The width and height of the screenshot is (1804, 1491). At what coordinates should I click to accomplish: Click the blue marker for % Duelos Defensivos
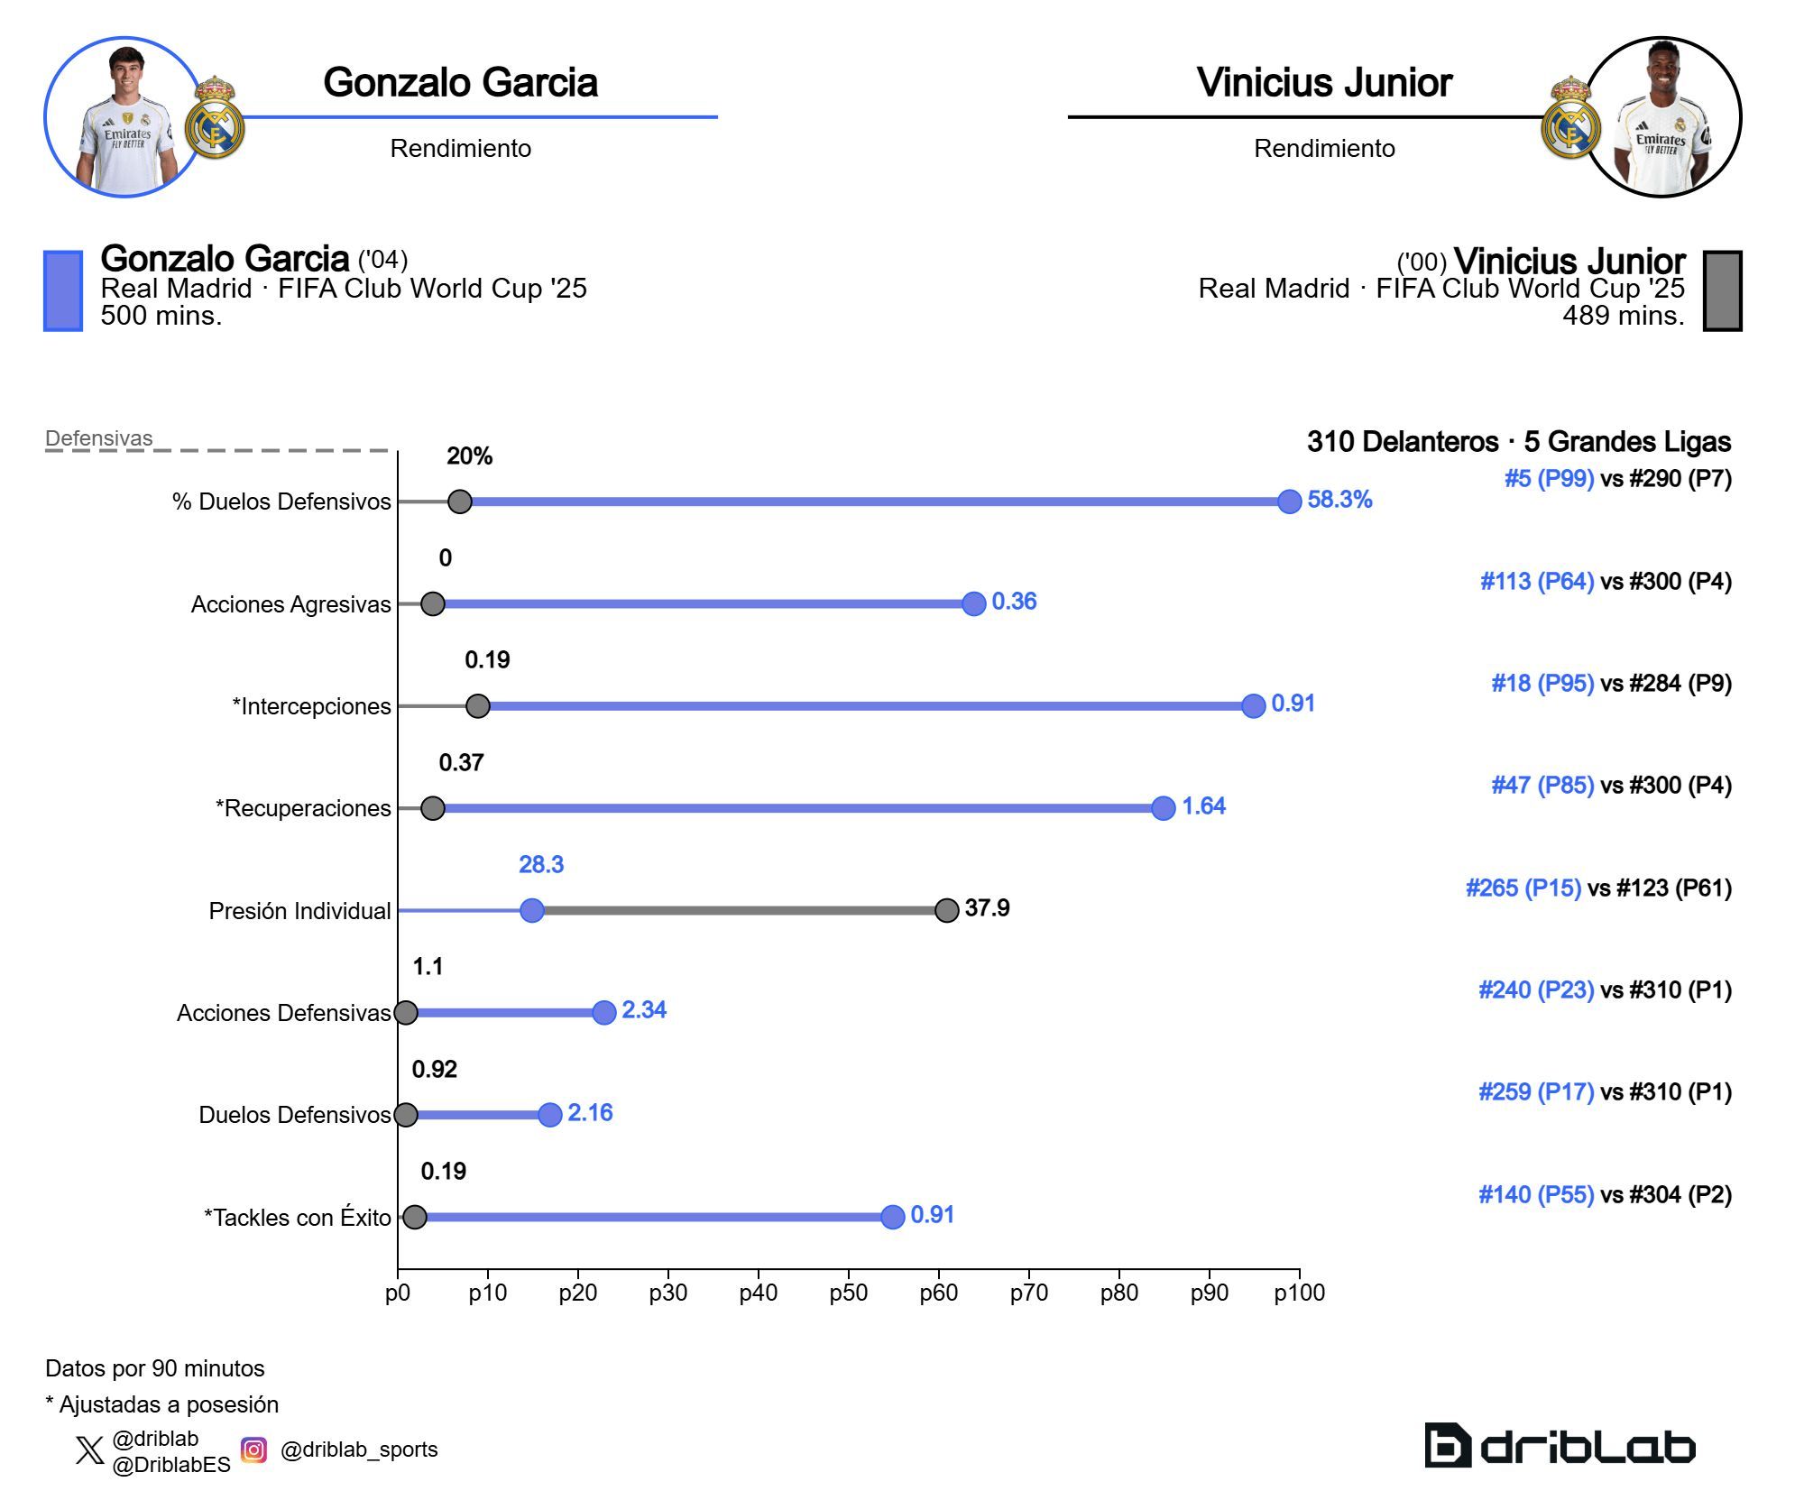[x=1290, y=502]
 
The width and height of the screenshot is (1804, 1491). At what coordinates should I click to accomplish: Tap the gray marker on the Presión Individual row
[x=946, y=910]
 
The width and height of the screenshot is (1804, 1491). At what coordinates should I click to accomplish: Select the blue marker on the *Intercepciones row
[x=1253, y=706]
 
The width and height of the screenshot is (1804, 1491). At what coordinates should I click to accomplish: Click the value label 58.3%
[x=1339, y=500]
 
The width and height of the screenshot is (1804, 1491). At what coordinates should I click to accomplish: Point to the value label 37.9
[x=987, y=907]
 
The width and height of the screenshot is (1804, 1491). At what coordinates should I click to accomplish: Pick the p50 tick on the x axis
[x=848, y=1293]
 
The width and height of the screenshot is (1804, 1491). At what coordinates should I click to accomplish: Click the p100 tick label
[x=1299, y=1293]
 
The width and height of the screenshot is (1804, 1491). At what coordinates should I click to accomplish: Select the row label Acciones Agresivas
[x=290, y=604]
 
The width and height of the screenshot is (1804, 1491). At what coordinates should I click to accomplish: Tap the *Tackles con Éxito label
[x=297, y=1218]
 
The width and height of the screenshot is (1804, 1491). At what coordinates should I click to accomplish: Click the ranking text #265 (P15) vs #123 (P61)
[x=1598, y=888]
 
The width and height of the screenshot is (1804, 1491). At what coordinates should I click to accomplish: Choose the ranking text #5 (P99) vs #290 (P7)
[x=1617, y=479]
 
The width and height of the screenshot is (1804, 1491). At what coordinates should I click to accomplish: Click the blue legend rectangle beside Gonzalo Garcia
[x=63, y=290]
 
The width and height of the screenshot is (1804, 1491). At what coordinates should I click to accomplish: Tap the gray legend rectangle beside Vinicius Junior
[x=1722, y=290]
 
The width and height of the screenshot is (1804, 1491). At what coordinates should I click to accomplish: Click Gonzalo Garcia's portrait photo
[x=124, y=117]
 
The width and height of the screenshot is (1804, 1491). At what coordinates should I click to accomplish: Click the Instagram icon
[x=254, y=1450]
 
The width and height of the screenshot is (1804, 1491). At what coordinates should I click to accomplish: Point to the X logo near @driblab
[x=89, y=1450]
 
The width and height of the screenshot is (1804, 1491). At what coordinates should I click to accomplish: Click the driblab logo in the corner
[x=1560, y=1446]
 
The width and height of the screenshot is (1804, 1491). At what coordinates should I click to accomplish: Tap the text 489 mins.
[x=1623, y=316]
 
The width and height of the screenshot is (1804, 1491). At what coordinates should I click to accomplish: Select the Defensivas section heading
[x=99, y=438]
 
